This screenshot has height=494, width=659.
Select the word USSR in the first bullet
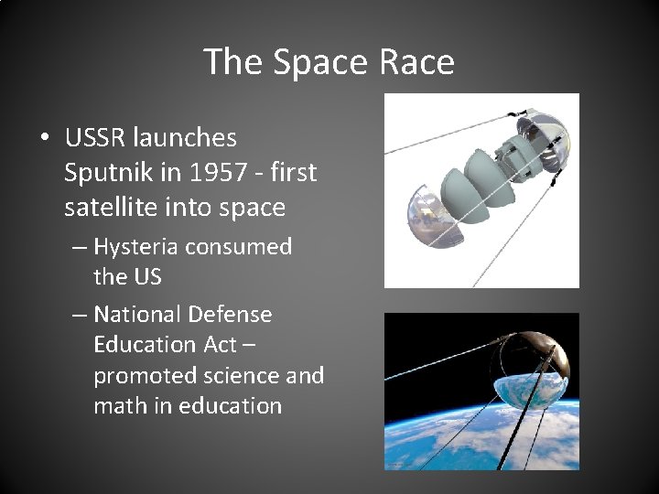[95, 138]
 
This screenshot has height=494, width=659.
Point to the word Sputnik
[108, 173]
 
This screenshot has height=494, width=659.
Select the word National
[137, 315]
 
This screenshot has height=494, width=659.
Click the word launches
[185, 138]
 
